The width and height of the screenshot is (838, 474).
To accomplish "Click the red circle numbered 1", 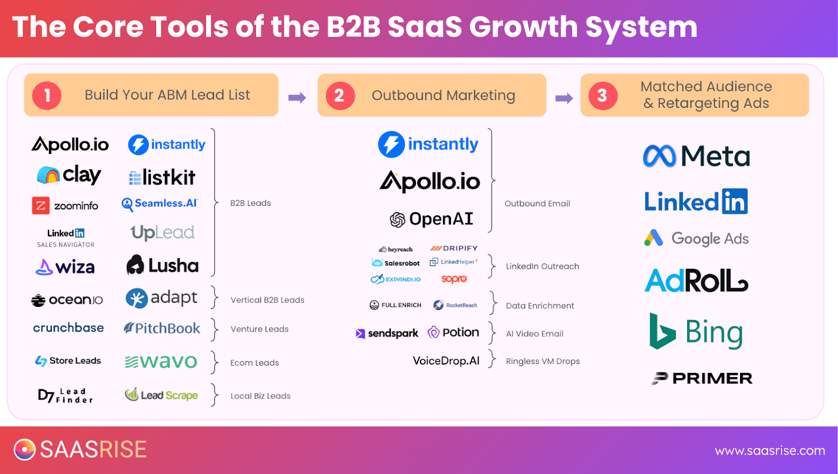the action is point(47,96).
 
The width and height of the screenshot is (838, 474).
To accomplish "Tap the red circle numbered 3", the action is point(603,96).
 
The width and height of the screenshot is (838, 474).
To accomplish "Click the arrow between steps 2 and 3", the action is point(564,98).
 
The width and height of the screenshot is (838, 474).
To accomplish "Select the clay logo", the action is point(69,175).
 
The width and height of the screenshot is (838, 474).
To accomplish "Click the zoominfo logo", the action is point(65,206).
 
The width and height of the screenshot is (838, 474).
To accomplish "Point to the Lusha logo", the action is point(162,266).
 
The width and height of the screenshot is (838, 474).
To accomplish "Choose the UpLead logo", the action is point(162,233).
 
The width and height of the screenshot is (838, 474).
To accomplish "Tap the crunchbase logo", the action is point(68,328).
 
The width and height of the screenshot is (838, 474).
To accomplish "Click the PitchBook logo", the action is point(162,328).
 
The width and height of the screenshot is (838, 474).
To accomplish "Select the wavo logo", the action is point(161,361).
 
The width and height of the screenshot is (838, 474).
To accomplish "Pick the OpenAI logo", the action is point(432,219).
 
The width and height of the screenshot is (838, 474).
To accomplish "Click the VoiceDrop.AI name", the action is point(446,361).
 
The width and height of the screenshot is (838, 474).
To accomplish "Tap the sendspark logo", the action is point(387,333).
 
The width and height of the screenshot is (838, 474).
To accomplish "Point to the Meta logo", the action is point(697,156).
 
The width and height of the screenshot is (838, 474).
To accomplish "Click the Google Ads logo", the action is point(697,239).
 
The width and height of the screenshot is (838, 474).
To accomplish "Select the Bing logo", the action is point(696,332).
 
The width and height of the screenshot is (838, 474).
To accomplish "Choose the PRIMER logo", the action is point(702,378).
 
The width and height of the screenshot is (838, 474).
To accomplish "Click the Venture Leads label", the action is point(259,329).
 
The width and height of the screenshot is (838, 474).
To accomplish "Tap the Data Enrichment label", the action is point(540,306).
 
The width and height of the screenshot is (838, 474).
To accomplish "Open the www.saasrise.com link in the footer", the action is point(769,450).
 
